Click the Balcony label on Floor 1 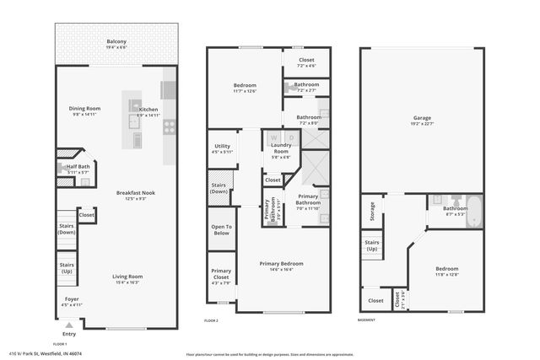coord(116,42)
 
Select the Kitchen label coord(148,110)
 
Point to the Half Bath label coord(78,167)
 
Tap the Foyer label coord(72,299)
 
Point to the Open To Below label coord(221,229)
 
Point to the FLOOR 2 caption coord(211,321)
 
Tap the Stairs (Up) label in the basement coord(371,244)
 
